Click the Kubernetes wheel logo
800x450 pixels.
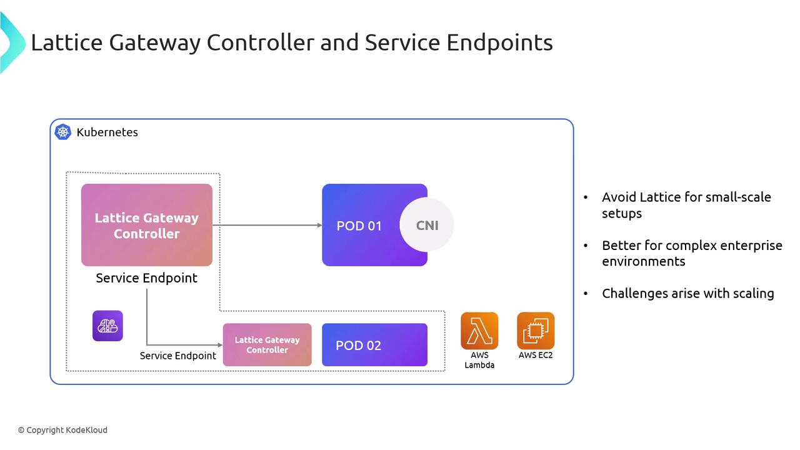click(x=63, y=132)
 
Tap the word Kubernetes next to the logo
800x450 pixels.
click(x=107, y=132)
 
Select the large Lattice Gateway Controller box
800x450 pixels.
click(x=147, y=225)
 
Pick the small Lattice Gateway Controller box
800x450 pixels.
click(x=267, y=345)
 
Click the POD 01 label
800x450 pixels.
click(x=359, y=226)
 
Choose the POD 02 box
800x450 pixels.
click(x=374, y=345)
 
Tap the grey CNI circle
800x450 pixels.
click(x=427, y=226)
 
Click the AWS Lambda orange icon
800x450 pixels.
click(x=479, y=331)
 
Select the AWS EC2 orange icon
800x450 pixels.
click(x=536, y=331)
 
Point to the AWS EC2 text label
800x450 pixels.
click(x=536, y=355)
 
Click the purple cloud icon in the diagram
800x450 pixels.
click(x=107, y=326)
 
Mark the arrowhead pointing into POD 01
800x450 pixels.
click(x=319, y=225)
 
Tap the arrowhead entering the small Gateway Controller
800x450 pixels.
click(x=219, y=345)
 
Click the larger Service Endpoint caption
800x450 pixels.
click(x=146, y=278)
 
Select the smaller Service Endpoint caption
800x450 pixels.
click(x=177, y=356)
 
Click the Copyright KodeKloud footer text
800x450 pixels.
click(x=62, y=430)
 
